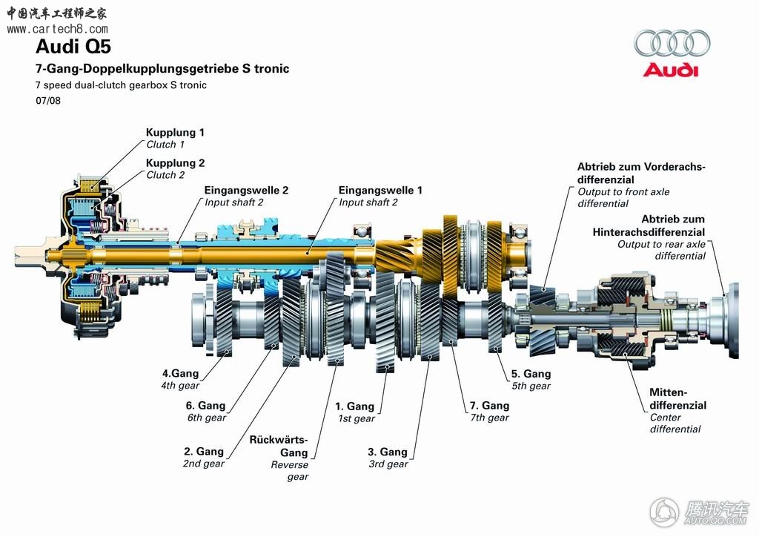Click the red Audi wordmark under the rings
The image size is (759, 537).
tap(670, 70)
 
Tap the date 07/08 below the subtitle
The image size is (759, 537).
tap(47, 101)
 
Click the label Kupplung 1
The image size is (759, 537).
tap(175, 133)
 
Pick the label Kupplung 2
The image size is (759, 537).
tap(175, 163)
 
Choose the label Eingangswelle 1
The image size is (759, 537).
tap(380, 190)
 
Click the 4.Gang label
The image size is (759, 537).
tap(182, 373)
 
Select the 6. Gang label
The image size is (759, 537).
tap(205, 406)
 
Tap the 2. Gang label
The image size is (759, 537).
tap(204, 451)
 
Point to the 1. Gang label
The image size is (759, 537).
tap(354, 406)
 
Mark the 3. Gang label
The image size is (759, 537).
tap(388, 452)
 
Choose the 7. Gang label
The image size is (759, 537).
tap(489, 406)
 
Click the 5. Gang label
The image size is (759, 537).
tap(531, 374)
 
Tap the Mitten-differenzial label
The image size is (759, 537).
tap(677, 399)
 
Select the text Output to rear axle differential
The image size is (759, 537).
tap(662, 250)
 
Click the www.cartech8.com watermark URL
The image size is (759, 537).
tap(57, 29)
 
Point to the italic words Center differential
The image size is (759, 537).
tap(675, 424)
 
